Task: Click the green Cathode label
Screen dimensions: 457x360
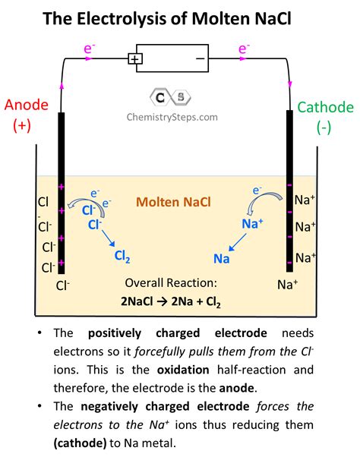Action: tap(325, 108)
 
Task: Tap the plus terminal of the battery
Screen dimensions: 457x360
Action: tap(135, 58)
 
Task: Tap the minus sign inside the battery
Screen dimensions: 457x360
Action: tap(201, 58)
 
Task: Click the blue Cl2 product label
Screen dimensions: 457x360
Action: tap(122, 257)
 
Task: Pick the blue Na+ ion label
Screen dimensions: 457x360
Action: tap(252, 224)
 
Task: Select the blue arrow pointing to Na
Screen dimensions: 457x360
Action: tap(236, 243)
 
